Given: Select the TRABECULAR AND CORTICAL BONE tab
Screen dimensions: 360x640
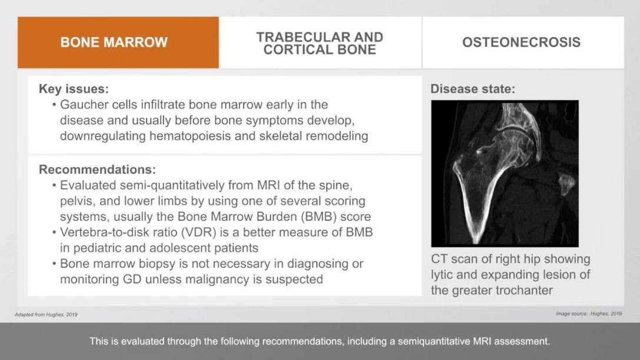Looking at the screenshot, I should click(x=319, y=43).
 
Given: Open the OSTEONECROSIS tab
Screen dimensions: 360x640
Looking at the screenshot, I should click(x=521, y=42).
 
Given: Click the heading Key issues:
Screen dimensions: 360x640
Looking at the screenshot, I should click(x=74, y=89).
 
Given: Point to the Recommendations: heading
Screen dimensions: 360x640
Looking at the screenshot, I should click(x=97, y=170).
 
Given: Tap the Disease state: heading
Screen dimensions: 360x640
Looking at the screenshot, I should click(x=472, y=89).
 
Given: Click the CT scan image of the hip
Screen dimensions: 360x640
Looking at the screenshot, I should click(x=505, y=174).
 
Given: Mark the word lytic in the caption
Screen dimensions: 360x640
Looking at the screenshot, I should click(x=442, y=275).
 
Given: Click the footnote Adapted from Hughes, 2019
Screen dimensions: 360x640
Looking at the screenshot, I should click(x=46, y=315).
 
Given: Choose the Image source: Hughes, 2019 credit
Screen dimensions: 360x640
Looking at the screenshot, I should click(x=588, y=314).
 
